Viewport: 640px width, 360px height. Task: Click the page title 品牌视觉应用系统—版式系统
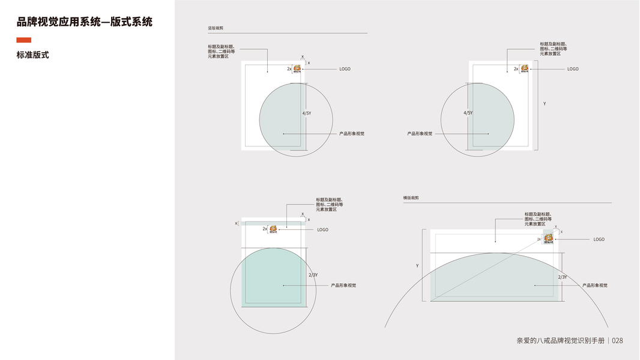click(x=85, y=22)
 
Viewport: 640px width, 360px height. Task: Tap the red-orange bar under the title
click(x=24, y=40)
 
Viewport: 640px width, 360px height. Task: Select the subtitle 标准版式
click(x=32, y=55)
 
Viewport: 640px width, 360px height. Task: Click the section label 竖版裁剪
click(x=216, y=28)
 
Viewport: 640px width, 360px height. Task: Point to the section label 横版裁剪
click(x=411, y=197)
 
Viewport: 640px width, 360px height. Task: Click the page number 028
click(x=617, y=341)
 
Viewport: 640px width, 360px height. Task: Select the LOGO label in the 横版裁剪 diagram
click(x=599, y=239)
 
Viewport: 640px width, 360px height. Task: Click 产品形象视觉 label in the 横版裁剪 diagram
click(x=595, y=286)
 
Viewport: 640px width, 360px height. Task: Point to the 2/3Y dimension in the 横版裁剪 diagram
click(x=563, y=277)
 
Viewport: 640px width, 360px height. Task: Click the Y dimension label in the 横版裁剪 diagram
click(x=417, y=265)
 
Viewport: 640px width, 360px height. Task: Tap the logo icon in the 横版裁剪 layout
click(x=548, y=237)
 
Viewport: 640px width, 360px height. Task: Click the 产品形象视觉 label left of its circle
click(x=419, y=133)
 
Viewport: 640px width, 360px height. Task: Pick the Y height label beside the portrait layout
click(x=545, y=104)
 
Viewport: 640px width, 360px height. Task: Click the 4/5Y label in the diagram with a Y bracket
click(x=468, y=113)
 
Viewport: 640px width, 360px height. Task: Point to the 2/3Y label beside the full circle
click(x=313, y=275)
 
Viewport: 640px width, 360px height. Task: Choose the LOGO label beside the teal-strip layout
click(x=322, y=230)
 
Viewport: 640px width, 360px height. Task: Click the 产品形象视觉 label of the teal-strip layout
click(x=343, y=286)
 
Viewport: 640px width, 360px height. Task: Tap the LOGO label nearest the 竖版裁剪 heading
click(x=345, y=69)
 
